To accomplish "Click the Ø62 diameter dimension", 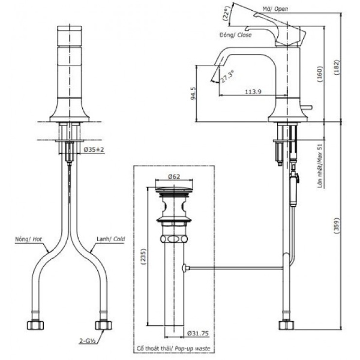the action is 174,176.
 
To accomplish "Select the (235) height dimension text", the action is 143,257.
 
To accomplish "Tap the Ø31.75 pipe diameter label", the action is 198,333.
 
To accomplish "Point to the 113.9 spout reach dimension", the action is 253,91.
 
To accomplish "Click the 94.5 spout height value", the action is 194,93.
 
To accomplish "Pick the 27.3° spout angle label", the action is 227,76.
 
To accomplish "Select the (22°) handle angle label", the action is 226,14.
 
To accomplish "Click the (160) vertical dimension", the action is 320,74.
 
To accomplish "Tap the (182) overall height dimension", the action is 336,68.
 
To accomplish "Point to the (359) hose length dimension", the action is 336,226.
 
